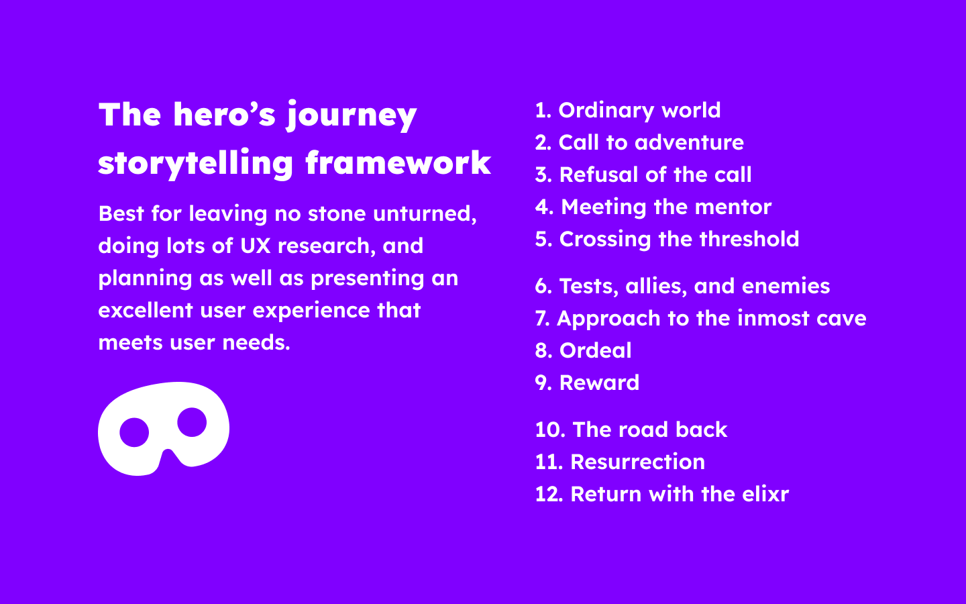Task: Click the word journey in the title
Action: [x=352, y=115]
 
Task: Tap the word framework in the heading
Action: [x=398, y=163]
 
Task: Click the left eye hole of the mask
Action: [x=134, y=432]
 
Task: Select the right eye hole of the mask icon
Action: [x=193, y=422]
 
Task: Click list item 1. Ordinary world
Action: [x=627, y=110]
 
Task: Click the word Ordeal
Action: [x=595, y=350]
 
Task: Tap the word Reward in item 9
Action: [x=599, y=383]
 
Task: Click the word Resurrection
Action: [x=637, y=462]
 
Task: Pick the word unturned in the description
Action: [x=425, y=213]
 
